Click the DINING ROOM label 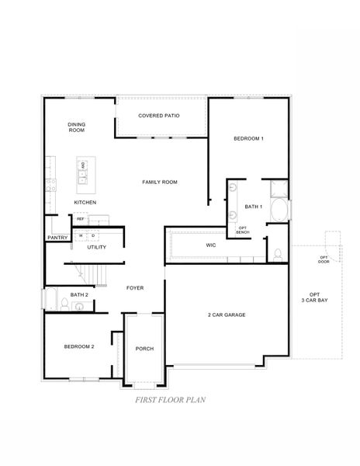pyautogui.click(x=76, y=127)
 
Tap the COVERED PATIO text pyautogui.click(x=159, y=116)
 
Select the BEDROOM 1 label pyautogui.click(x=248, y=139)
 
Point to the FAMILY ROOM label pyautogui.click(x=160, y=182)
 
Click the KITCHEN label pyautogui.click(x=85, y=202)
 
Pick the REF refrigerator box pyautogui.click(x=80, y=219)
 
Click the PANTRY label pyautogui.click(x=57, y=238)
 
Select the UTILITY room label pyautogui.click(x=96, y=247)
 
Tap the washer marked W pyautogui.click(x=81, y=236)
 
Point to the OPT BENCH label pyautogui.click(x=242, y=231)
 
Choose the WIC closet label pyautogui.click(x=210, y=245)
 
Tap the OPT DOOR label pyautogui.click(x=324, y=259)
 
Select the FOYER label pyautogui.click(x=134, y=287)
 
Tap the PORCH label pyautogui.click(x=144, y=349)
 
